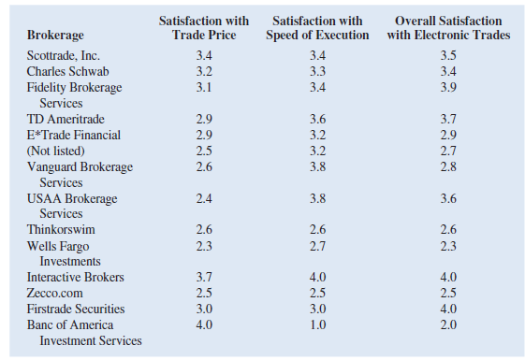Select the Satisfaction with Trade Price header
click(x=203, y=28)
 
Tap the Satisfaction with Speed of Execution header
click(x=321, y=28)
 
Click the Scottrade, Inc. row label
click(x=63, y=55)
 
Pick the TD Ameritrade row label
click(x=65, y=120)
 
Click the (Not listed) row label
click(x=57, y=151)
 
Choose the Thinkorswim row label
click(x=61, y=229)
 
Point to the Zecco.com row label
click(x=57, y=293)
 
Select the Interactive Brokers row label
click(x=75, y=278)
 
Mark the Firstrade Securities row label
click(x=75, y=309)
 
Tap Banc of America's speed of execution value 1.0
click(x=320, y=324)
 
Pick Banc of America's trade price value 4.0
click(x=204, y=324)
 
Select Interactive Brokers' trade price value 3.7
click(x=204, y=278)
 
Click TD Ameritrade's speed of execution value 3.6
click(x=320, y=120)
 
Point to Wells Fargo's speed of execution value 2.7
click(x=320, y=245)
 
